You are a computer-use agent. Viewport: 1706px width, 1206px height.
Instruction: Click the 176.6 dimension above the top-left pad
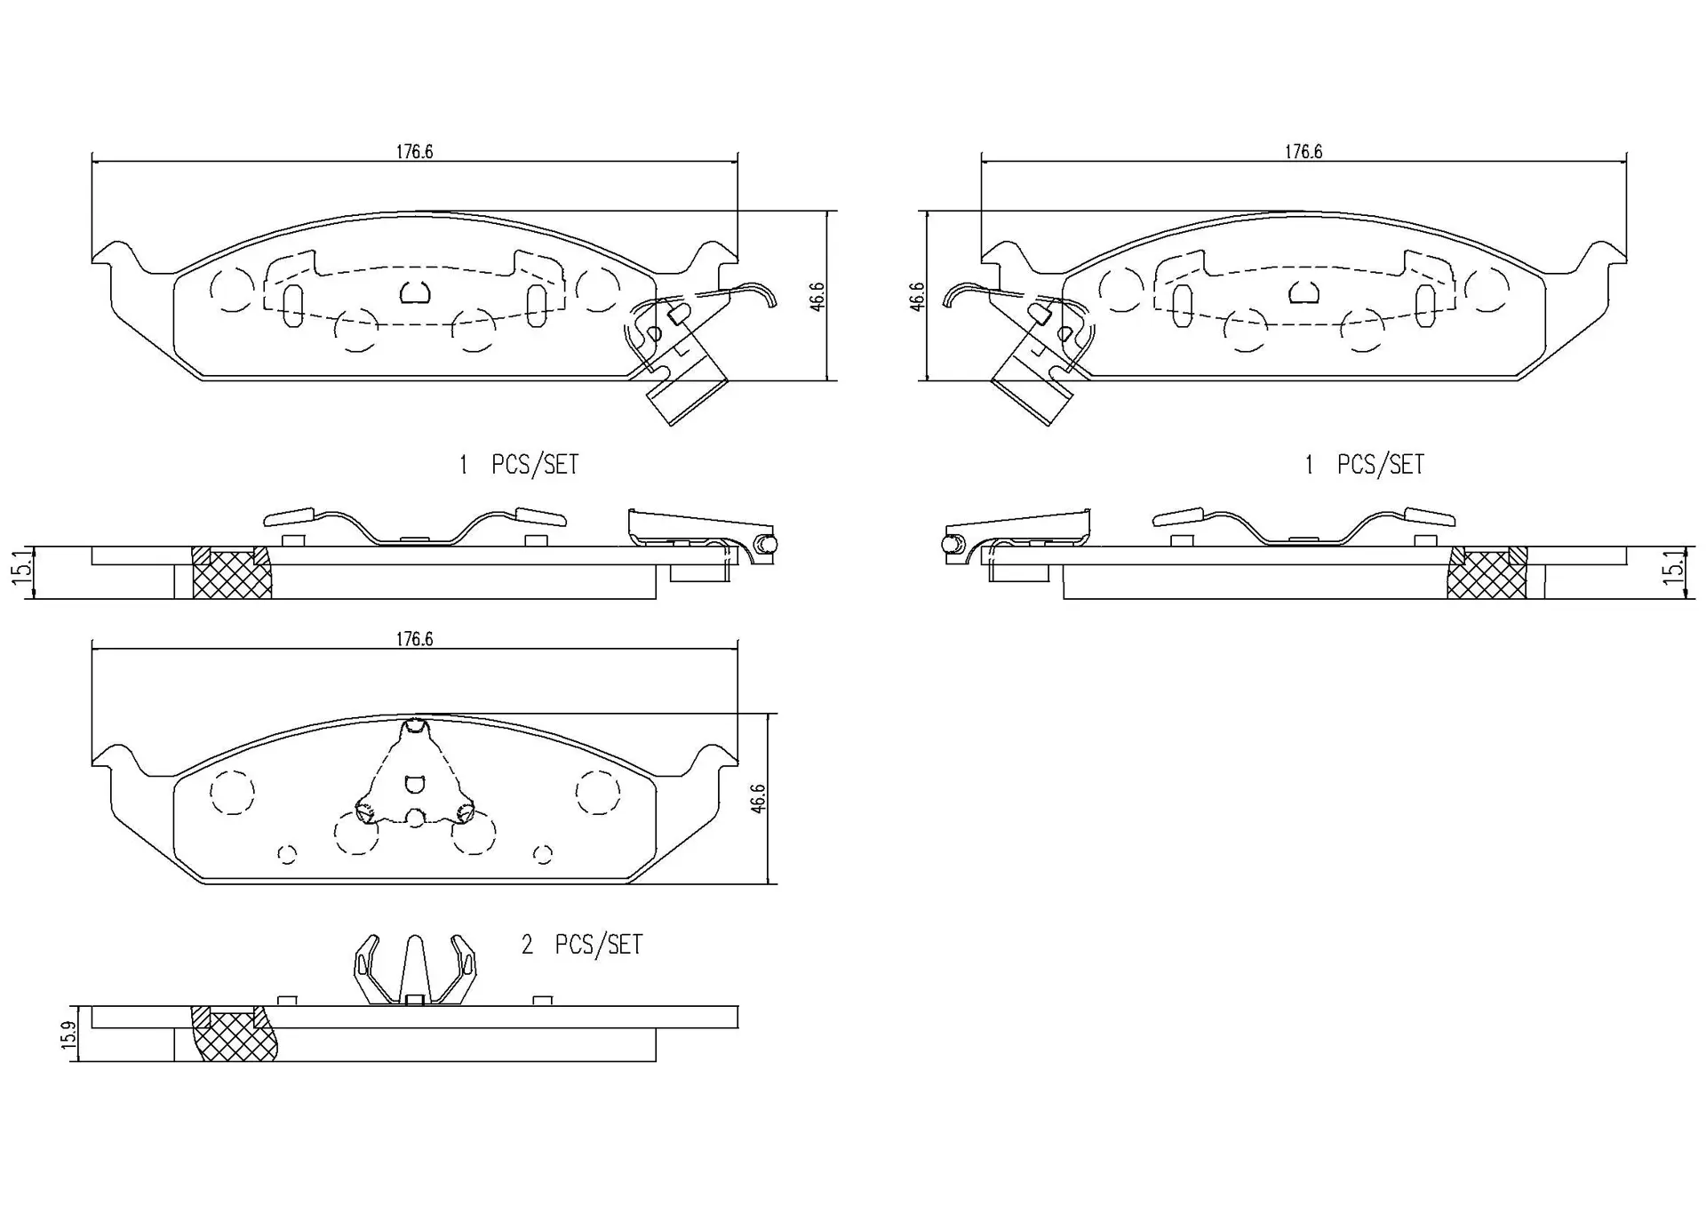pos(414,152)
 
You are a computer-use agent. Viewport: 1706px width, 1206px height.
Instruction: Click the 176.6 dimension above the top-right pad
pos(1303,152)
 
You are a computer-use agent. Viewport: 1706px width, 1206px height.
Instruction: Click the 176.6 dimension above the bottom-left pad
pos(414,639)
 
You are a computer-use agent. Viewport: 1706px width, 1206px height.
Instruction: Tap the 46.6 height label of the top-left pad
pos(817,296)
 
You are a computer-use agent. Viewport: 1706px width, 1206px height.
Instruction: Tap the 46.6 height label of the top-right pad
pos(918,296)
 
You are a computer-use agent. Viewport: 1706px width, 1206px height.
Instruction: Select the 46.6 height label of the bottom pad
pos(757,798)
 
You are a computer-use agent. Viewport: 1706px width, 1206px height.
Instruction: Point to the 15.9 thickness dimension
pos(68,1034)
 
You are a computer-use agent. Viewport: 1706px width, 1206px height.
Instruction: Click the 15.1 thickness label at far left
pos(21,568)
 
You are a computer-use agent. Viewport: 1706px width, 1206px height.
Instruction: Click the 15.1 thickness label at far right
pos(1673,568)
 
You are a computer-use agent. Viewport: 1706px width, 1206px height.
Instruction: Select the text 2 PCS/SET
pos(581,945)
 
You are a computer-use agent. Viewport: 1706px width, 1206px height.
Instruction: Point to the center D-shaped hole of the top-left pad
pos(414,292)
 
